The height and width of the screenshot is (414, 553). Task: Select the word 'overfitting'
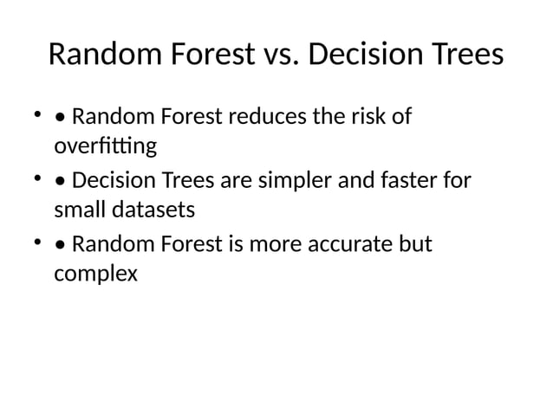click(105, 146)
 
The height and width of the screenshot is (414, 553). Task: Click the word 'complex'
click(95, 275)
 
